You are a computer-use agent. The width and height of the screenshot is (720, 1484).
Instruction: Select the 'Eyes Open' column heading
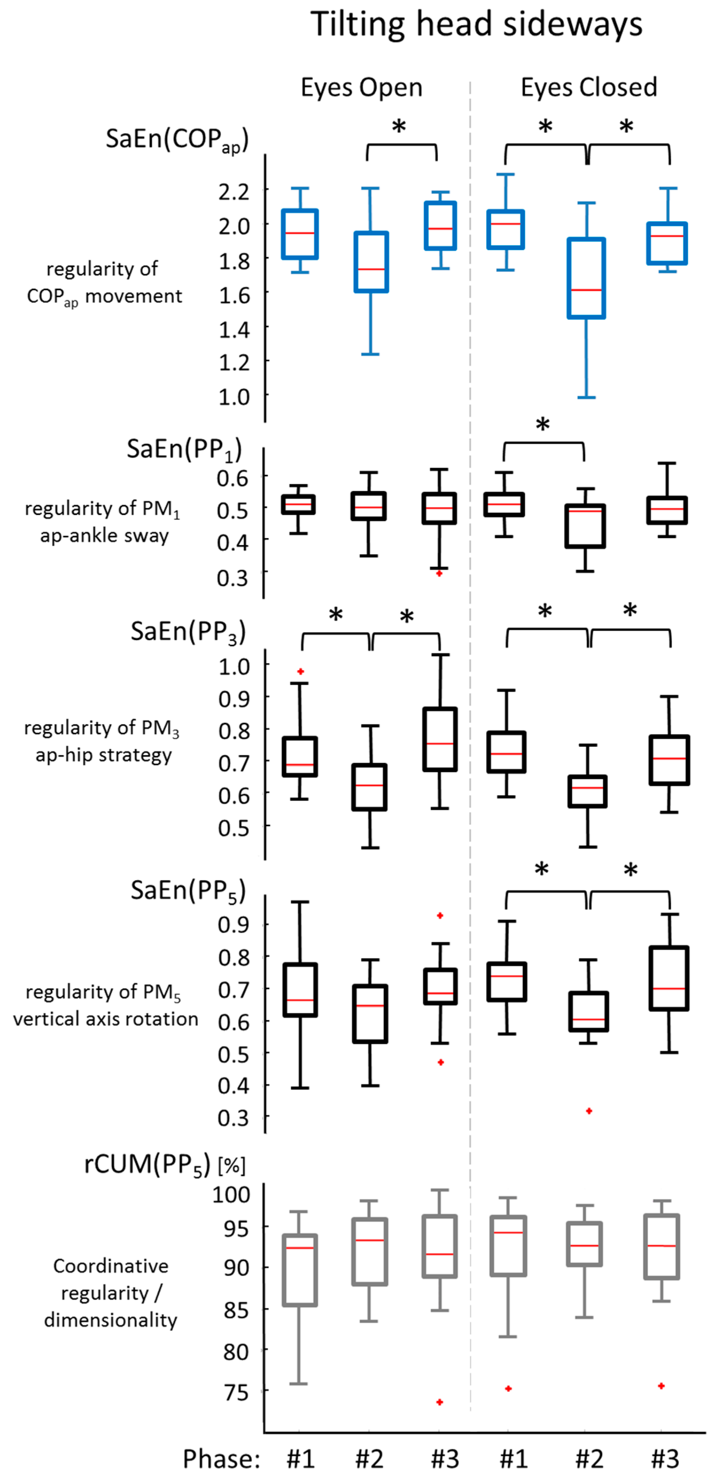[x=362, y=87]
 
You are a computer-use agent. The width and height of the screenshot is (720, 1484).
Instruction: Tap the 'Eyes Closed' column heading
[x=589, y=87]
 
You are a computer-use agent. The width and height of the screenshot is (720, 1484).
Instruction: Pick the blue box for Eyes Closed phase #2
[x=587, y=278]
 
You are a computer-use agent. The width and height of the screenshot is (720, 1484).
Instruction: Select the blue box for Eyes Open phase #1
[x=300, y=234]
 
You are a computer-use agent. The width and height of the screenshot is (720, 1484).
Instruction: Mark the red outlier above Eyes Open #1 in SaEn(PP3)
[x=300, y=672]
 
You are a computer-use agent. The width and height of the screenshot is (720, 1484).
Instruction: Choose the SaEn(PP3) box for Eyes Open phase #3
[x=440, y=739]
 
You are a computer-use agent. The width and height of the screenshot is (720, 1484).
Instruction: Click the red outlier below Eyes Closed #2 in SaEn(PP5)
[x=589, y=1111]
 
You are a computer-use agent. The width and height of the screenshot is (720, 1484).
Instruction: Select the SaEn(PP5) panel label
[x=188, y=891]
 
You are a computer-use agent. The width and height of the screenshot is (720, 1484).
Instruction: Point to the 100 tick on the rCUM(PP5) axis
[x=231, y=1194]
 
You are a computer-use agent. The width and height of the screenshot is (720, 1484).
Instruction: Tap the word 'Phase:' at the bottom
[x=221, y=1459]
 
